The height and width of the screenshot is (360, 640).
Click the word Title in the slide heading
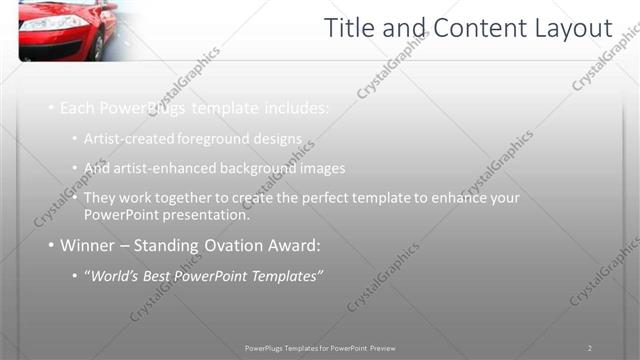click(x=353, y=29)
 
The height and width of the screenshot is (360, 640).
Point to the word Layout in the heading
click(x=573, y=29)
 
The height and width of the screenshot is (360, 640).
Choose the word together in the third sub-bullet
click(x=188, y=198)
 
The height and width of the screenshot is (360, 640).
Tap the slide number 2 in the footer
click(x=590, y=348)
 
